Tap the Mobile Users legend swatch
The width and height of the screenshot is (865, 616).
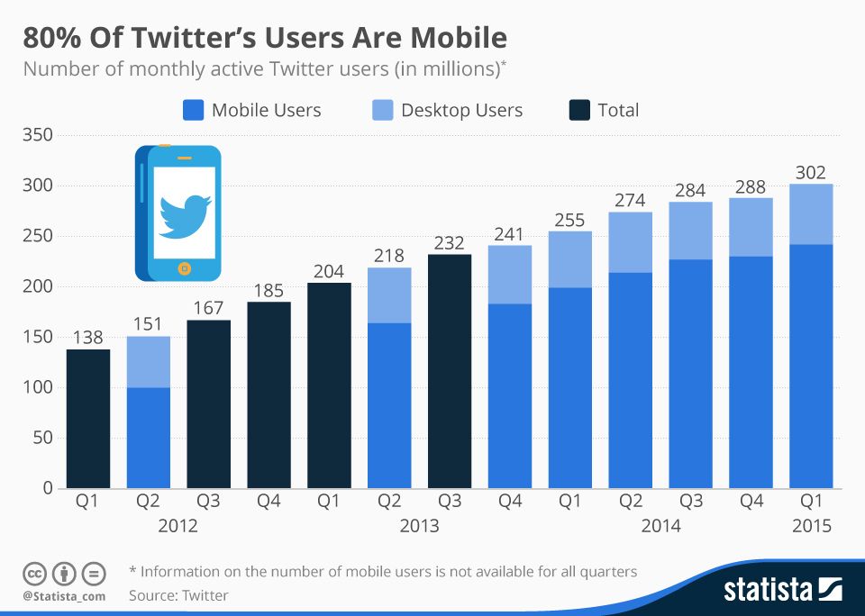point(194,111)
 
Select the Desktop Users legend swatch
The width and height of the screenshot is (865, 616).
point(383,111)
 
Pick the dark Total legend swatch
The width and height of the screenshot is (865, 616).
point(579,111)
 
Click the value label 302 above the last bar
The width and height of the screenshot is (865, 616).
point(811,172)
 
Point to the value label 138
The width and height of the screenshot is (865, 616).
point(87,338)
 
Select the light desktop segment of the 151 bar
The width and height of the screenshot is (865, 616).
point(149,362)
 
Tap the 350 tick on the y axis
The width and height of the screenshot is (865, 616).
point(37,135)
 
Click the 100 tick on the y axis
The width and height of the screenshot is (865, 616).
point(37,387)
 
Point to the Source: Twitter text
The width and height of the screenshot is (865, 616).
point(178,595)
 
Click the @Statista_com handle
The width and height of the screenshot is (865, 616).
point(64,596)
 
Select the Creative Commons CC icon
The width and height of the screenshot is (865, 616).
point(35,573)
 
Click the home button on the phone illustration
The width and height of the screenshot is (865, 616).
point(185,267)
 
